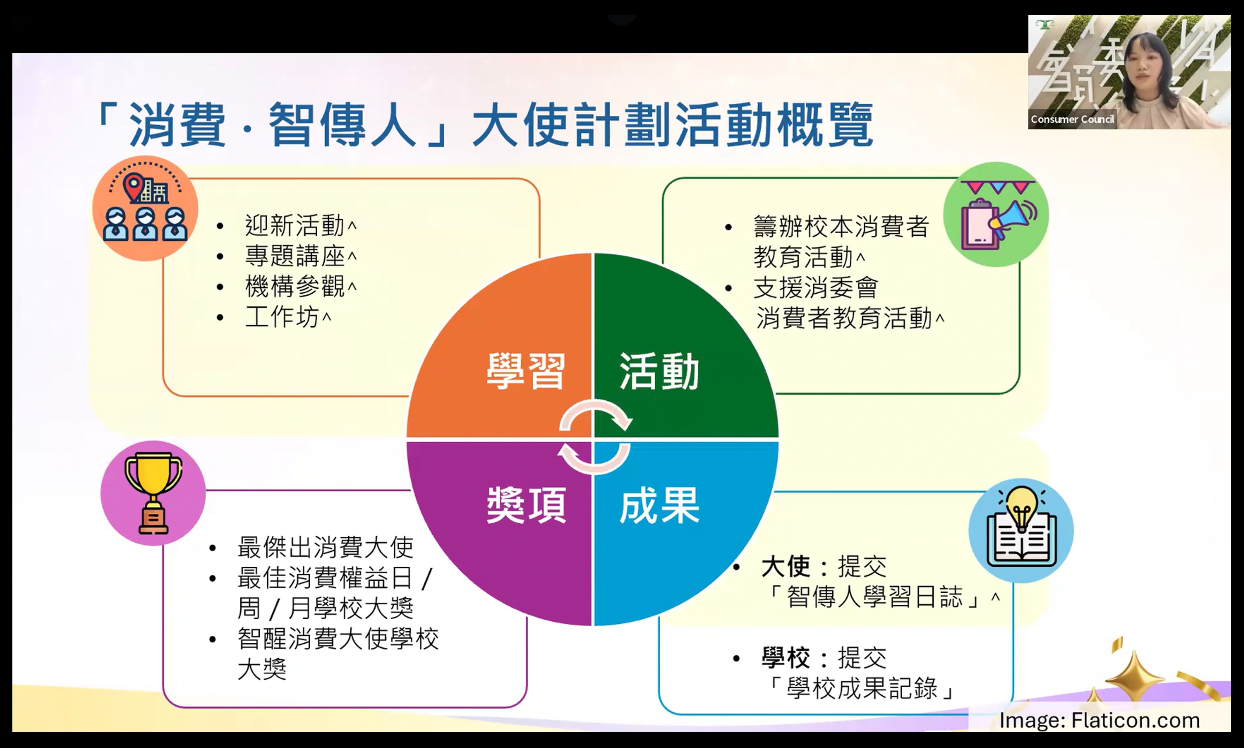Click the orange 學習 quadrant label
[525, 371]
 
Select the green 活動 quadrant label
[659, 371]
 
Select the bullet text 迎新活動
[295, 225]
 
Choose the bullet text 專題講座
[295, 256]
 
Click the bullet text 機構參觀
[295, 287]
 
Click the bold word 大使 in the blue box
[786, 567]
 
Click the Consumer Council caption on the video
[1072, 120]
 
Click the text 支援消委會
[816, 288]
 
